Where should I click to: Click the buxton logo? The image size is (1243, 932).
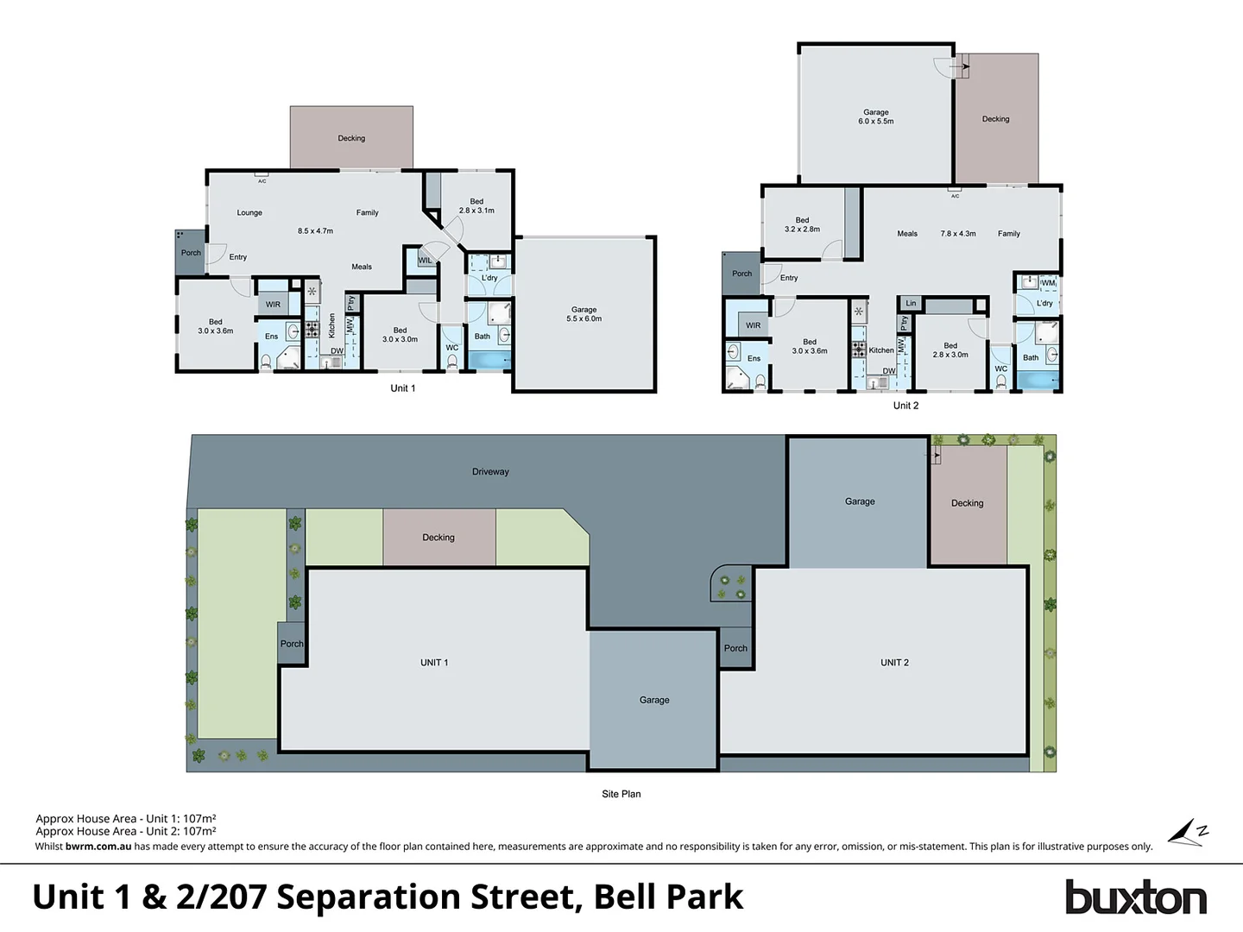click(x=1135, y=897)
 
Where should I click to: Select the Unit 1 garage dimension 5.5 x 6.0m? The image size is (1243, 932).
click(x=584, y=318)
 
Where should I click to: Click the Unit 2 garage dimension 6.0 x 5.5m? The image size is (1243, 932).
click(x=875, y=122)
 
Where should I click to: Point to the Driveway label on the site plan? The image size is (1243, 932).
click(x=490, y=472)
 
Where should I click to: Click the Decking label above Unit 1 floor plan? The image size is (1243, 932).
click(x=351, y=138)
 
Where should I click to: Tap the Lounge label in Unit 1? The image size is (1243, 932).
click(x=249, y=212)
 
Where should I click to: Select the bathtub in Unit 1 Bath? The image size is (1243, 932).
click(x=489, y=360)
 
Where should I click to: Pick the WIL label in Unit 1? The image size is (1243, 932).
click(x=425, y=261)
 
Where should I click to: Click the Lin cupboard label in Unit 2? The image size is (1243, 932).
click(x=911, y=303)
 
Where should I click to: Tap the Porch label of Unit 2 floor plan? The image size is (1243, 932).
click(x=741, y=274)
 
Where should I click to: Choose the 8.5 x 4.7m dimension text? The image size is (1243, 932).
click(x=315, y=231)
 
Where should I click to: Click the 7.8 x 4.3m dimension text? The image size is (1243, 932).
click(x=958, y=234)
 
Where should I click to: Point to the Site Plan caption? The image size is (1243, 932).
click(x=621, y=794)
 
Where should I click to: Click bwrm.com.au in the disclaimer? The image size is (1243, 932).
click(x=98, y=847)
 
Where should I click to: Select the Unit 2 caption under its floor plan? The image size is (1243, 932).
click(x=905, y=406)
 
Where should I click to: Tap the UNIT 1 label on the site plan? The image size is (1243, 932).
click(x=434, y=663)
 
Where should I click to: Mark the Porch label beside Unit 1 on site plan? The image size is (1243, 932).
click(x=292, y=644)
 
